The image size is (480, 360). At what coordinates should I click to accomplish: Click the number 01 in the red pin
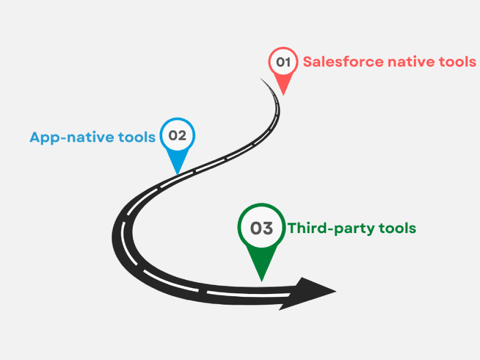tap(283, 62)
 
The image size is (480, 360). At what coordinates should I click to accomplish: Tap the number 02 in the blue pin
tap(177, 135)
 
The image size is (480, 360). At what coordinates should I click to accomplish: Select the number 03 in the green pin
tap(261, 228)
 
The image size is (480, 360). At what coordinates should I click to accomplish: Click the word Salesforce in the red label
tap(343, 62)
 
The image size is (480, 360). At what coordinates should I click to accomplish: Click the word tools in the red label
tap(457, 62)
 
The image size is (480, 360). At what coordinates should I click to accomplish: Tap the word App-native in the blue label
tap(72, 137)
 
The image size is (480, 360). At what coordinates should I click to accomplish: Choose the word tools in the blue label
tap(137, 137)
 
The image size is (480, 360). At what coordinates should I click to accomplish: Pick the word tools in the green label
tap(398, 228)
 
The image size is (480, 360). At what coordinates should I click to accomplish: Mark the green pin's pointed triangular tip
tap(261, 282)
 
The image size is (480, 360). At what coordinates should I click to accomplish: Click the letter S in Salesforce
tap(308, 62)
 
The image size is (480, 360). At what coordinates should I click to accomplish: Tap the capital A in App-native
tap(35, 137)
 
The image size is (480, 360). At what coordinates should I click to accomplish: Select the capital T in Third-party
tap(293, 228)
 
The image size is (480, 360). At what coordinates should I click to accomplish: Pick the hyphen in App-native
tap(64, 138)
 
